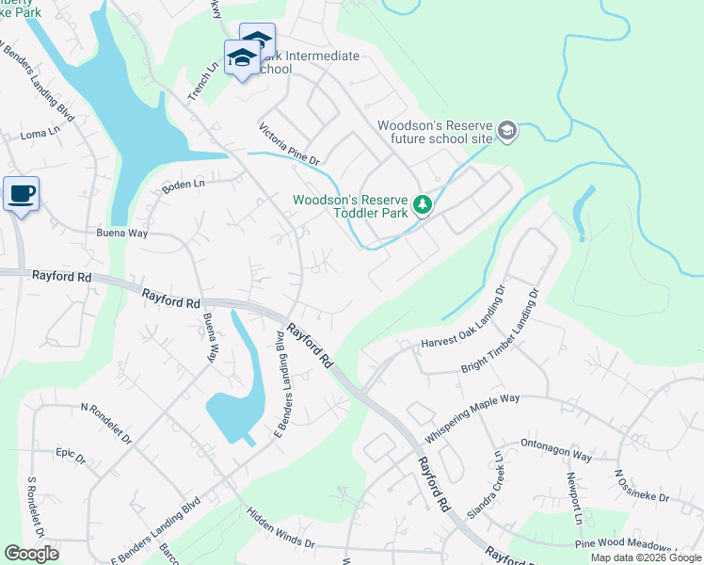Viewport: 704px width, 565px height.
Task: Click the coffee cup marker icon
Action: click(21, 194)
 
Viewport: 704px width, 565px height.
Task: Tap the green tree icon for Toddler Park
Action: click(423, 204)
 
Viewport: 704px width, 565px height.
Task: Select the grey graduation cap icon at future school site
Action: click(508, 131)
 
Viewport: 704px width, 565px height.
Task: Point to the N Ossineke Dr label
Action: click(642, 485)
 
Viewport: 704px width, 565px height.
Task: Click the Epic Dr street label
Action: click(71, 458)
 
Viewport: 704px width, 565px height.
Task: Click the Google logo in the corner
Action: click(32, 554)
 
